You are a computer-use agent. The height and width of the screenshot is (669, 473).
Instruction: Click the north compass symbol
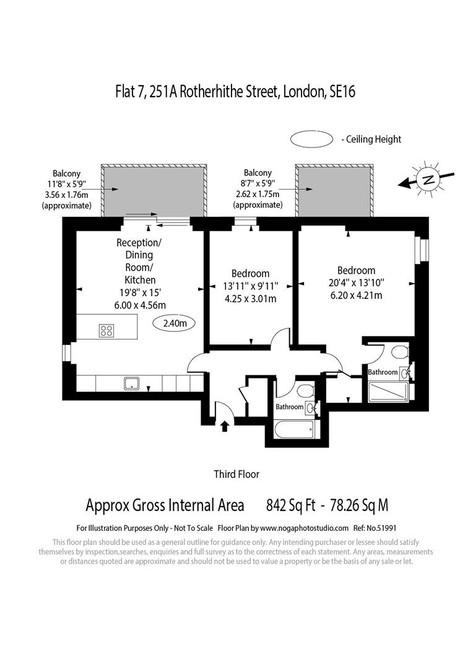[x=427, y=180]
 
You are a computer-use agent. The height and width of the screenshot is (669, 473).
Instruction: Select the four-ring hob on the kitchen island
[x=106, y=331]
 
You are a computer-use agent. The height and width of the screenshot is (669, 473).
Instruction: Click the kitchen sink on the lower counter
[x=132, y=383]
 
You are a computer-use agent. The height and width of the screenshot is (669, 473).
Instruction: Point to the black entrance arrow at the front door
[x=225, y=425]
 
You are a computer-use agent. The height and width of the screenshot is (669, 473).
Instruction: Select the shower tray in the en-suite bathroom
[x=388, y=392]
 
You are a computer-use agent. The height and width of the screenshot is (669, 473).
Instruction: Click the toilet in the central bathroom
[x=304, y=391]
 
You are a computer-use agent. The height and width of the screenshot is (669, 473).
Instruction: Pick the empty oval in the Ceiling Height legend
[x=312, y=139]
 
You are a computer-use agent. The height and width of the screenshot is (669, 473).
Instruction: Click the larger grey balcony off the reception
[x=155, y=191]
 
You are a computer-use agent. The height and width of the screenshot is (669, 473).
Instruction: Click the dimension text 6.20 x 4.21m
[x=356, y=295]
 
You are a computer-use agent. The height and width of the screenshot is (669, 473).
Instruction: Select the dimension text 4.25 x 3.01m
[x=250, y=299]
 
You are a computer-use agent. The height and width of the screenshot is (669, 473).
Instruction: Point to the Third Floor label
[x=236, y=474]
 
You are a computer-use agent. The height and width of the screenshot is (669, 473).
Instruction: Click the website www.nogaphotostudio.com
[x=304, y=528]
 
